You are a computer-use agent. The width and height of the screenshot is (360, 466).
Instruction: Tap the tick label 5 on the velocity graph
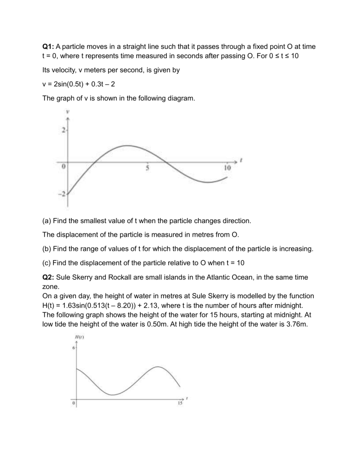point(148,168)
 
